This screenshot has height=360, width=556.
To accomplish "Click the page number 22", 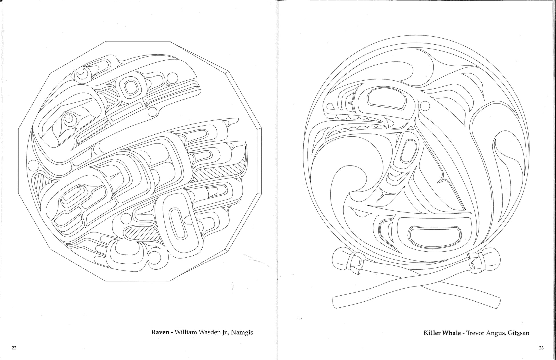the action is [x=14, y=348].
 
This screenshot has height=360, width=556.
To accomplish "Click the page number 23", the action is [x=541, y=348].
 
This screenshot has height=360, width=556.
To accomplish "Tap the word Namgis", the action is [x=242, y=333].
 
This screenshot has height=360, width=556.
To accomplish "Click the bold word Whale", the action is [x=452, y=333].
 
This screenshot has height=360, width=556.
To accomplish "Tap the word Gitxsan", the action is [x=519, y=333].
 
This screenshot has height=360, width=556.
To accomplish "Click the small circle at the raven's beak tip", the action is [x=153, y=111].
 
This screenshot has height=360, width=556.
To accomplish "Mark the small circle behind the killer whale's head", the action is [x=425, y=106].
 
